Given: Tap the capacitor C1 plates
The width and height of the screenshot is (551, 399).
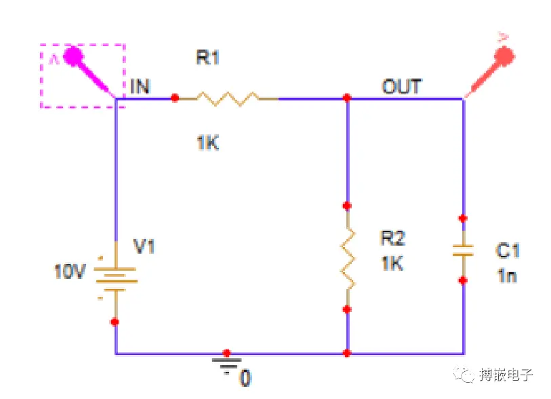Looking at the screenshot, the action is (463, 250).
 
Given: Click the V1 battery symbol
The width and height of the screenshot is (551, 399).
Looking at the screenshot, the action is (116, 280).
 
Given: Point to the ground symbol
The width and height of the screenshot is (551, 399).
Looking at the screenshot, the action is (226, 365).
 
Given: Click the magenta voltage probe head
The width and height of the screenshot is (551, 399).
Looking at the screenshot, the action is (73, 56).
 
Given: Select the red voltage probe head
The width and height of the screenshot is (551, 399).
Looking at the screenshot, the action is (504, 56).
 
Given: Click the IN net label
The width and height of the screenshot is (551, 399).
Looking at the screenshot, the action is (140, 87).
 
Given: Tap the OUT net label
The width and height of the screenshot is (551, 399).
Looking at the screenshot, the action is (402, 87).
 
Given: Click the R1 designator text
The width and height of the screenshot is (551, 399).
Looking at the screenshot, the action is (207, 57).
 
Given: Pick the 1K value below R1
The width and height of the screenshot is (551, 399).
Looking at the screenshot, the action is (208, 143).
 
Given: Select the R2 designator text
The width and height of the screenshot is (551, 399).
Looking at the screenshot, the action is (393, 238).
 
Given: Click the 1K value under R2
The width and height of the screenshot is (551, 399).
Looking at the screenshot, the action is (392, 263).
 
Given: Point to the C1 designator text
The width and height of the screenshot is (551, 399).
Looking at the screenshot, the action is (508, 250).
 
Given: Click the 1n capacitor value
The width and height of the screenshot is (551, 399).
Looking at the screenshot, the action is (508, 275).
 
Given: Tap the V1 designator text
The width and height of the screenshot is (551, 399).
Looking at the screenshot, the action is (144, 246).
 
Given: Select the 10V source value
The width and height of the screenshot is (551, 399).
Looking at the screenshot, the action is (70, 271).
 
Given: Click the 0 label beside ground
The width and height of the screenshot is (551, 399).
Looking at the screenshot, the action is (245, 378).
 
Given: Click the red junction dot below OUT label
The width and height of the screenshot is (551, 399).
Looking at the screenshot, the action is (347, 98).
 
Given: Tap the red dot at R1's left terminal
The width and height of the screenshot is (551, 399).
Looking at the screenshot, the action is (175, 98).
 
